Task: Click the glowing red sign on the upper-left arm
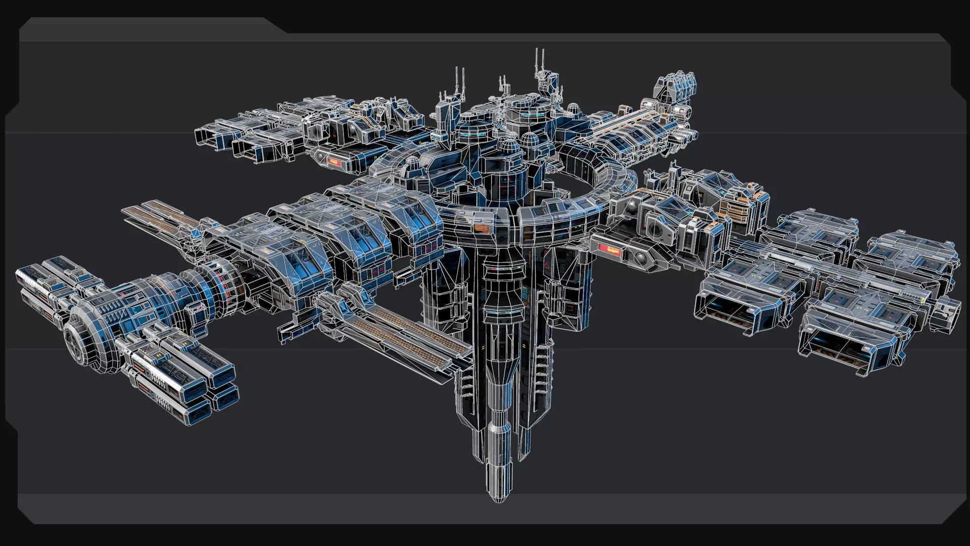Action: pyautogui.click(x=334, y=162)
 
